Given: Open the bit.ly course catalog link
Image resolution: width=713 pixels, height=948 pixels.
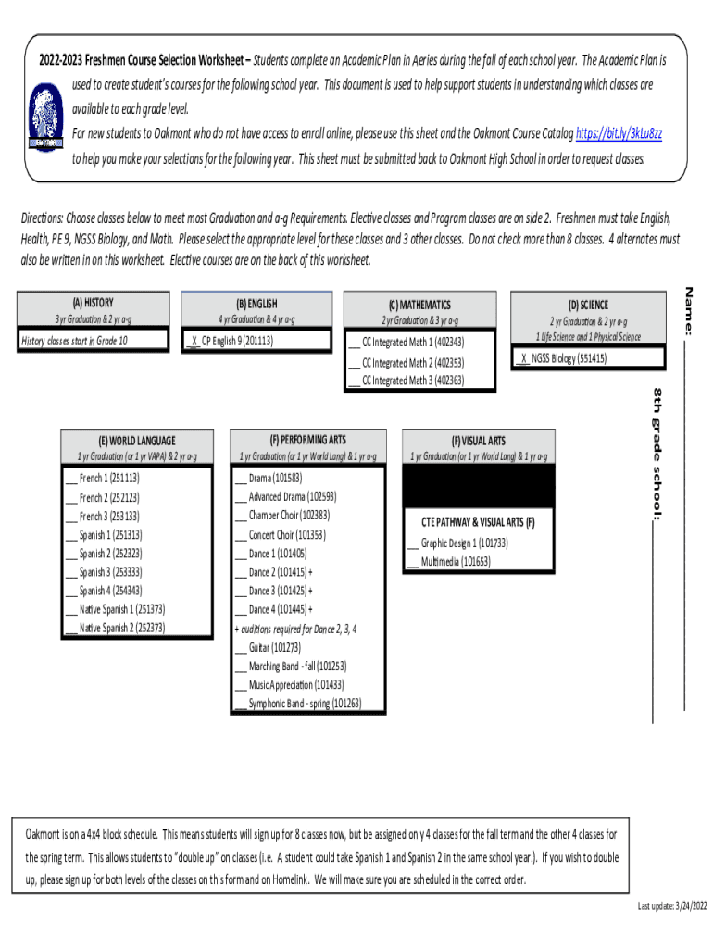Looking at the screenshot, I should pos(619,134).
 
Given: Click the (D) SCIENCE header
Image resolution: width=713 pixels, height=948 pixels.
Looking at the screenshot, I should pos(588,305).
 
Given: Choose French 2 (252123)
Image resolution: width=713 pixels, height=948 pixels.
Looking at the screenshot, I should pos(102,497).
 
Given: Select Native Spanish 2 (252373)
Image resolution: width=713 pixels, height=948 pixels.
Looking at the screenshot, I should pos(115,628).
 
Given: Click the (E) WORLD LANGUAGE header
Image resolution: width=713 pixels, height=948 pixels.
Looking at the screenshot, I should pos(136,441).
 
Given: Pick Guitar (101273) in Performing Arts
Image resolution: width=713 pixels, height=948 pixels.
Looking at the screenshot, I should pos(268,647).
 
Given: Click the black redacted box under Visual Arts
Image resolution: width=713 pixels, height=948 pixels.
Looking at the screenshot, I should pos(478,485).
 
